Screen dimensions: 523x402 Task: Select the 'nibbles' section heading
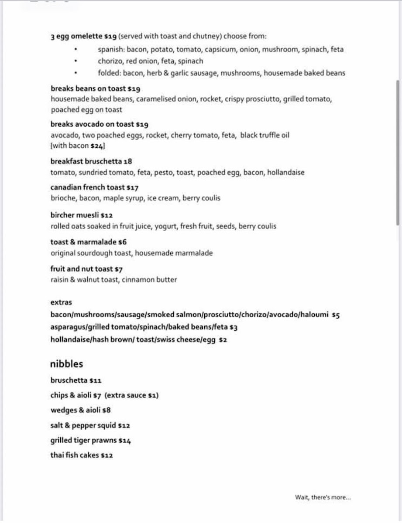tap(66, 364)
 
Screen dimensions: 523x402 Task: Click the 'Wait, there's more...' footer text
tap(323, 497)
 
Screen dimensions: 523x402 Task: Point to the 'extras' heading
tap(61, 302)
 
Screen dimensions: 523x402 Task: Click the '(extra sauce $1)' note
tap(131, 395)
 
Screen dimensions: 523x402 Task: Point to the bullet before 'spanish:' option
tap(77, 50)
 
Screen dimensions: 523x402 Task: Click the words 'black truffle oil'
tap(265, 135)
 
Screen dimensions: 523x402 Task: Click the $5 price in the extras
tap(336, 315)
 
